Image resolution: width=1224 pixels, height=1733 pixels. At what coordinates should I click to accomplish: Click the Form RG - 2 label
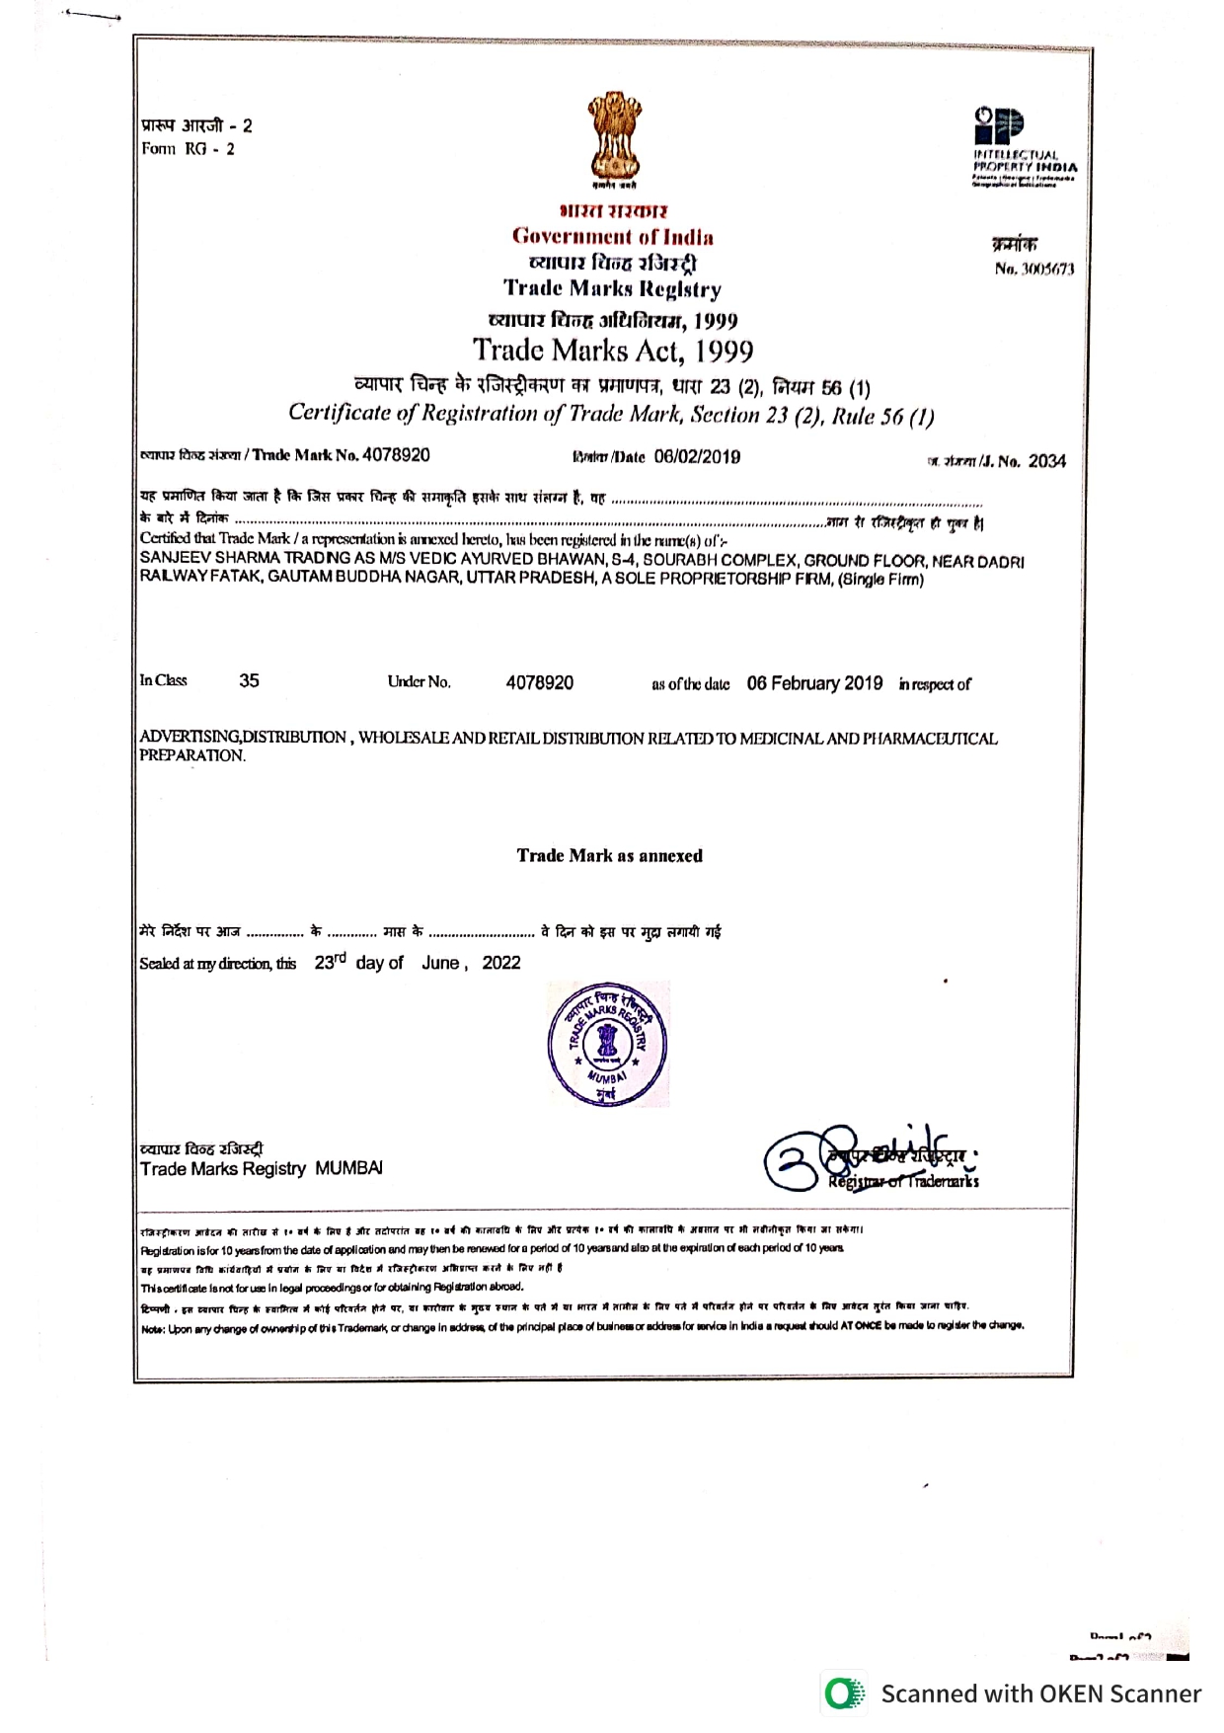(x=188, y=149)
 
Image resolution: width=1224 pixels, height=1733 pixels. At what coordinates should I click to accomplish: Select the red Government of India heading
(x=612, y=237)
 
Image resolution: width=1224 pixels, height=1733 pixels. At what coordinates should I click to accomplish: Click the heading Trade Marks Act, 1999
(x=612, y=351)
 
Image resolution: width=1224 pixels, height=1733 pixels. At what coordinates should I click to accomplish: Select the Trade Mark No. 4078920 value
(x=396, y=455)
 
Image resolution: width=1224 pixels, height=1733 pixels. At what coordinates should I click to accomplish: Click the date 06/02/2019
(x=697, y=456)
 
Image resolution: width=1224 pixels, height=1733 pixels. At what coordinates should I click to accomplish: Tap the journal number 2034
(x=1046, y=461)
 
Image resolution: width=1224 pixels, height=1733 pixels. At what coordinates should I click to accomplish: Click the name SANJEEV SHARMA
(x=201, y=561)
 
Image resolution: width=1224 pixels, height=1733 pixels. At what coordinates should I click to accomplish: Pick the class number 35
(x=249, y=680)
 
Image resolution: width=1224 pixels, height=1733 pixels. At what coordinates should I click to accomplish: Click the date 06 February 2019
(x=814, y=683)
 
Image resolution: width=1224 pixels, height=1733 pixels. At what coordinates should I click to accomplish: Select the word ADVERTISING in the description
(x=190, y=738)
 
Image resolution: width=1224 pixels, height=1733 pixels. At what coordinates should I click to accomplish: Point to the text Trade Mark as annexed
(x=609, y=856)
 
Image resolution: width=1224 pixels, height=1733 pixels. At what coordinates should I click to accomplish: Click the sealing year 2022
(x=500, y=963)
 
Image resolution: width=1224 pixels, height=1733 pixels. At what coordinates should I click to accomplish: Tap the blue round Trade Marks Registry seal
(x=607, y=1044)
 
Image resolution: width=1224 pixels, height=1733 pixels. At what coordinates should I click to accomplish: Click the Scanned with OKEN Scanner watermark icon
(x=842, y=1694)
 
